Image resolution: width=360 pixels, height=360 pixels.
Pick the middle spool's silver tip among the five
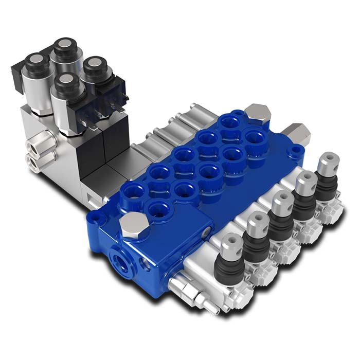[281, 202]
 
